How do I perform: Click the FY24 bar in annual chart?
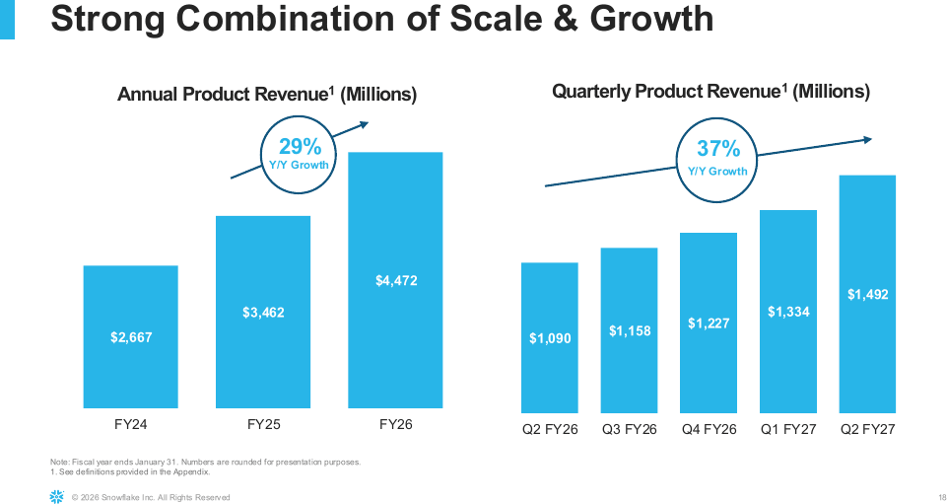(x=130, y=336)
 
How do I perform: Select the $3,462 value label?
(x=263, y=313)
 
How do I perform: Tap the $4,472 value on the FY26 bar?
(x=395, y=280)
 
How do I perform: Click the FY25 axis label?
(x=264, y=424)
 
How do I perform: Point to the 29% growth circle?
(x=261, y=155)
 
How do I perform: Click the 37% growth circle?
(x=678, y=160)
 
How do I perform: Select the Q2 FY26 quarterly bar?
(x=550, y=338)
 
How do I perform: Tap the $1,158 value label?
(x=630, y=330)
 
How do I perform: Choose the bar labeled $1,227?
(x=709, y=323)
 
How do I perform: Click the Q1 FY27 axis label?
(x=788, y=429)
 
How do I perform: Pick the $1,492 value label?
(x=867, y=294)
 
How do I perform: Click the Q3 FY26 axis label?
(x=630, y=429)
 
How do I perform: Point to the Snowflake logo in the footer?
(x=56, y=497)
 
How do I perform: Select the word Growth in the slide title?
(x=651, y=18)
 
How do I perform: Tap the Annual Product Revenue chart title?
(x=267, y=95)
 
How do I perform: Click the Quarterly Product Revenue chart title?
(x=710, y=92)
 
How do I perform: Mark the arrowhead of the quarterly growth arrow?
(x=868, y=140)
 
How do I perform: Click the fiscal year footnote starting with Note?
(x=205, y=463)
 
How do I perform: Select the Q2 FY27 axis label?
(x=868, y=429)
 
